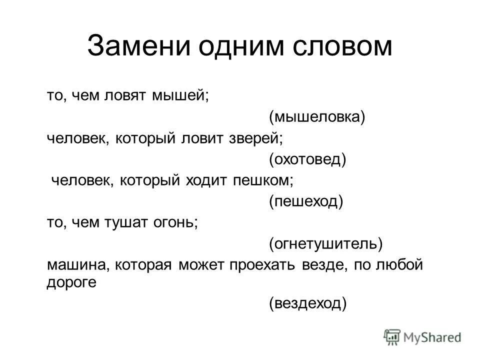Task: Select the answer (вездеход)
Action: coord(307,303)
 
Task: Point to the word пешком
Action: coord(264,180)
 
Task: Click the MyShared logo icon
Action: coord(393,337)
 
